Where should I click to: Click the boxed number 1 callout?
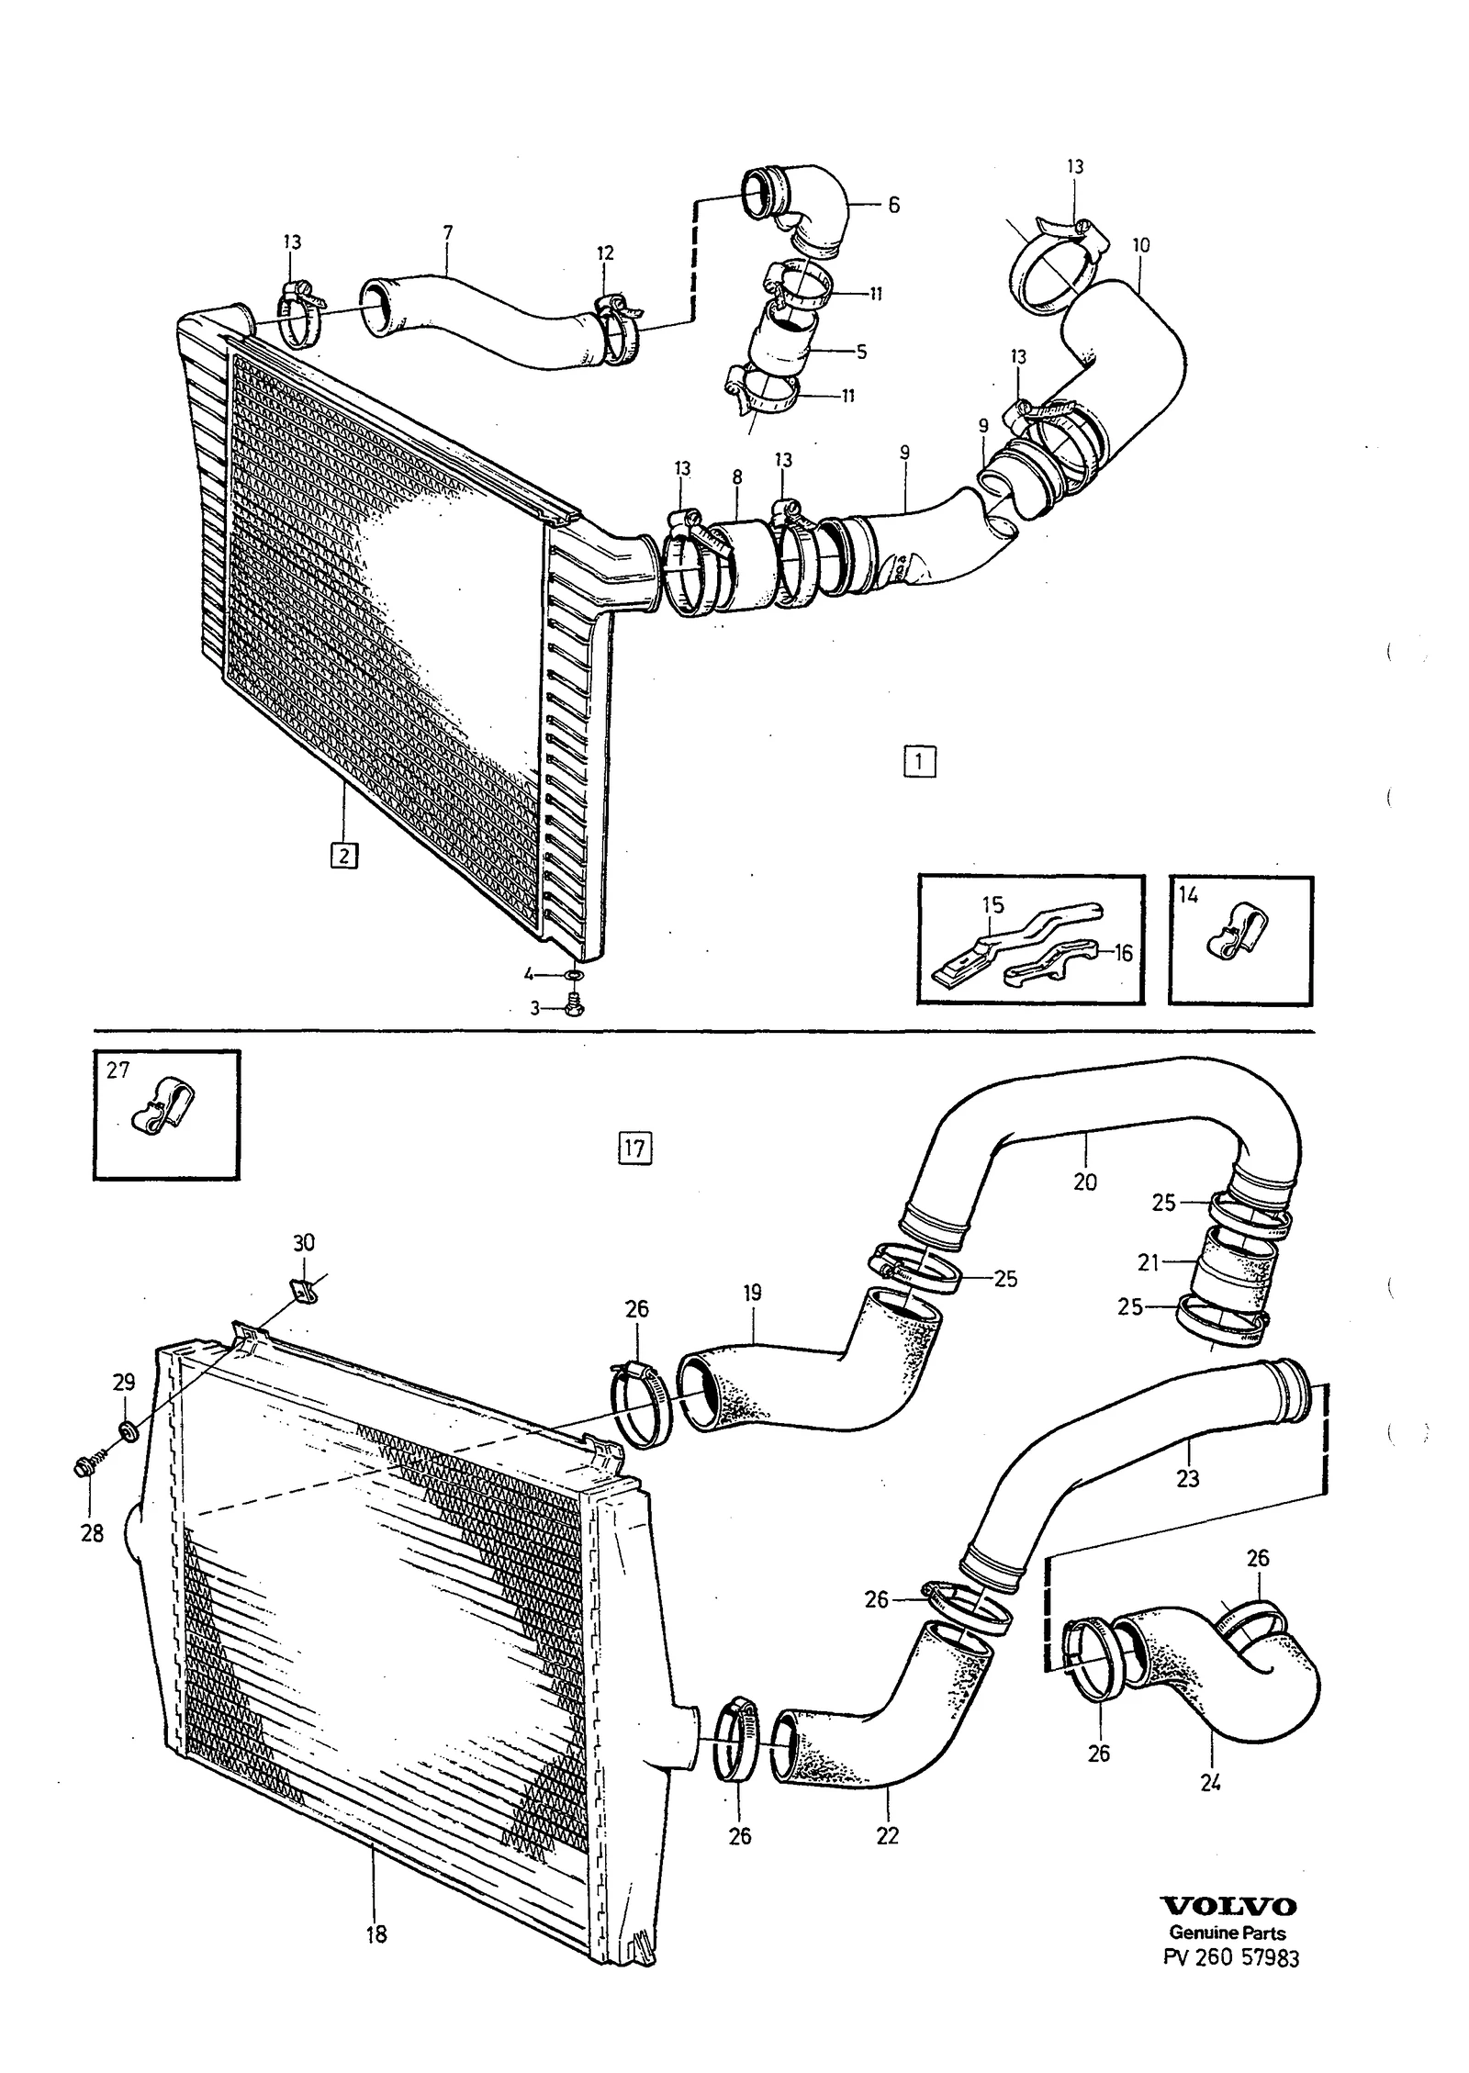[919, 762]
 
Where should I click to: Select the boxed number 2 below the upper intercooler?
[344, 856]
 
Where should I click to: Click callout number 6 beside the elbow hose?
[893, 205]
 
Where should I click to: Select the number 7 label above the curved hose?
[447, 233]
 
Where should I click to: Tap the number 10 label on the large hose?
[1141, 245]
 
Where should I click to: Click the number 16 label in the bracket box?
[1123, 953]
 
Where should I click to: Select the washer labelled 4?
[574, 974]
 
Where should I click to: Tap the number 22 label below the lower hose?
[888, 1834]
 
